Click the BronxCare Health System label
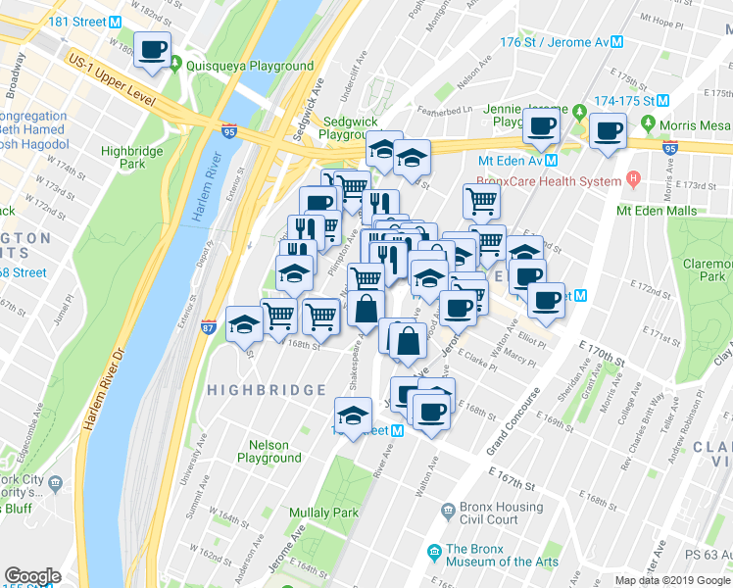tap(549, 181)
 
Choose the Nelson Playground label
tap(268, 451)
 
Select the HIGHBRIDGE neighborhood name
tap(266, 390)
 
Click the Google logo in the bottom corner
tap(32, 575)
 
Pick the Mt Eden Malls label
tap(656, 211)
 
